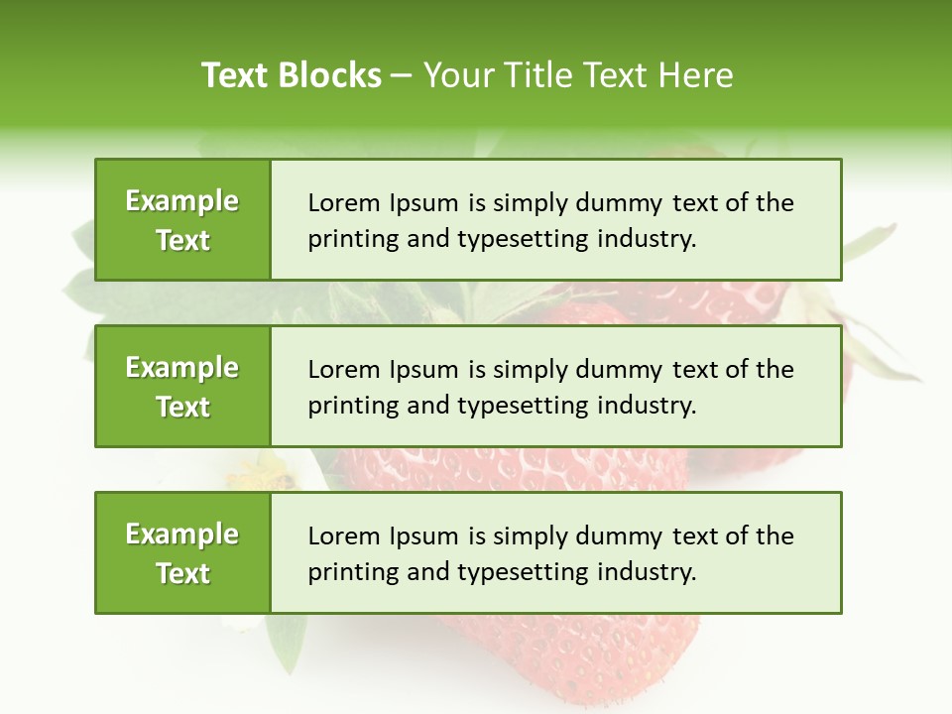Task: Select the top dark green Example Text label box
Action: pyautogui.click(x=182, y=219)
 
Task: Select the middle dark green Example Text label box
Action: pyautogui.click(x=182, y=386)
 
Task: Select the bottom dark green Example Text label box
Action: pyautogui.click(x=182, y=552)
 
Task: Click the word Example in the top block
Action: pyautogui.click(x=182, y=201)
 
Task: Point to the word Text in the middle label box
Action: pyautogui.click(x=183, y=407)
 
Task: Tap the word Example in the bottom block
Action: pyautogui.click(x=182, y=535)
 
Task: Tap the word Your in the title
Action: pyautogui.click(x=458, y=75)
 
